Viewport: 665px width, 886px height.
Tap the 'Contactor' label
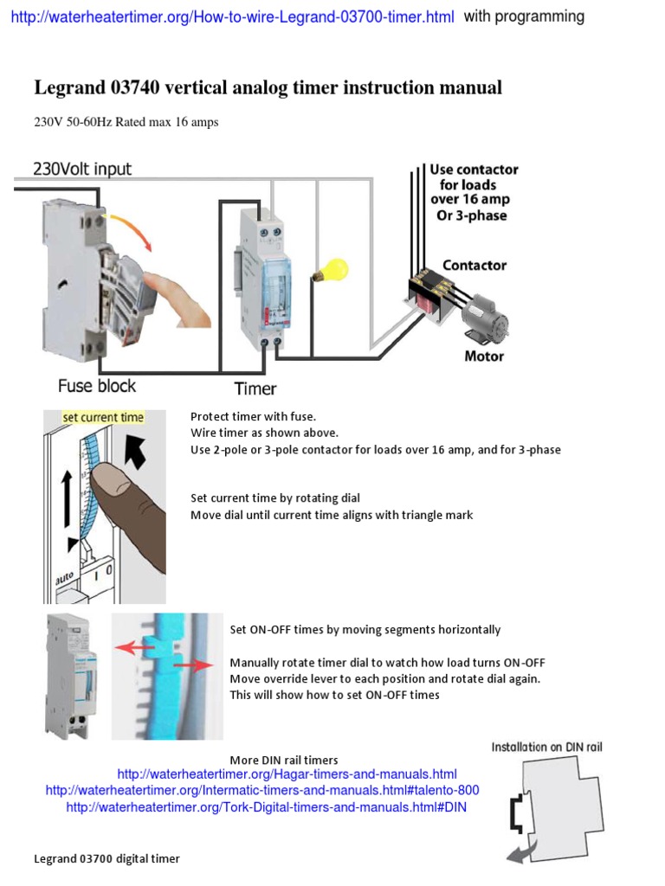pyautogui.click(x=475, y=266)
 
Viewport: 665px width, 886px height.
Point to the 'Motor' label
pyautogui.click(x=484, y=356)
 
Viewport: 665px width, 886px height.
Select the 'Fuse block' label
pyautogui.click(x=97, y=386)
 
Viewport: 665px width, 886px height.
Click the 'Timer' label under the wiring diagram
pyautogui.click(x=255, y=389)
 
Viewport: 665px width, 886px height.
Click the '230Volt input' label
pyautogui.click(x=82, y=169)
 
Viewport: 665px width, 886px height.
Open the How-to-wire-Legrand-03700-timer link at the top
pyautogui.click(x=232, y=17)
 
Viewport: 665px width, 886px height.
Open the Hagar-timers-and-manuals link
pyautogui.click(x=287, y=774)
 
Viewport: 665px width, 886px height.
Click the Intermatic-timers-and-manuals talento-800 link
pyautogui.click(x=262, y=790)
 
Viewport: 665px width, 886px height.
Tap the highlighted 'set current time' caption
pyautogui.click(x=103, y=418)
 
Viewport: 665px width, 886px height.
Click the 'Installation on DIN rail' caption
pyautogui.click(x=546, y=747)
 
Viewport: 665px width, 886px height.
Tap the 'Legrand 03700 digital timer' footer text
pyautogui.click(x=107, y=859)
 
